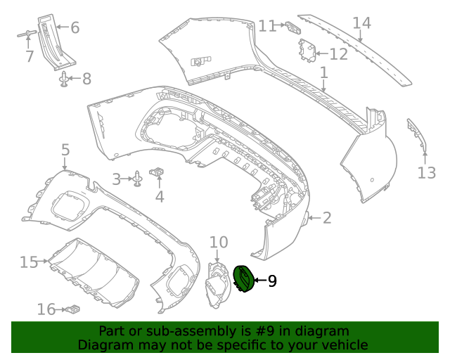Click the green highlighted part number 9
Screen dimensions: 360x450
click(x=243, y=280)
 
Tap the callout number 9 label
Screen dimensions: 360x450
click(x=271, y=281)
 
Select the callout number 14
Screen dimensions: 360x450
click(x=361, y=23)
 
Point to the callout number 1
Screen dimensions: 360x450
click(x=323, y=72)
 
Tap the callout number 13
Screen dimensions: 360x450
click(x=427, y=172)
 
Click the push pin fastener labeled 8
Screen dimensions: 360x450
click(x=65, y=79)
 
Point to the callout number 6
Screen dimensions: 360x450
click(x=75, y=28)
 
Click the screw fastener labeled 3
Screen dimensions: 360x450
click(x=139, y=180)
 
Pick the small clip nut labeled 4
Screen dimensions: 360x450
click(x=159, y=172)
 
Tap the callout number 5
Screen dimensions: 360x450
click(x=65, y=150)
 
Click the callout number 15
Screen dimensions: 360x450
click(x=28, y=262)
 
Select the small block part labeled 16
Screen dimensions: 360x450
click(x=72, y=308)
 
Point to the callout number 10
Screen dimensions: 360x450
click(x=219, y=243)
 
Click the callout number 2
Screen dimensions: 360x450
click(x=327, y=218)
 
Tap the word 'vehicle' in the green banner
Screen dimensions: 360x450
click(x=342, y=345)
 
